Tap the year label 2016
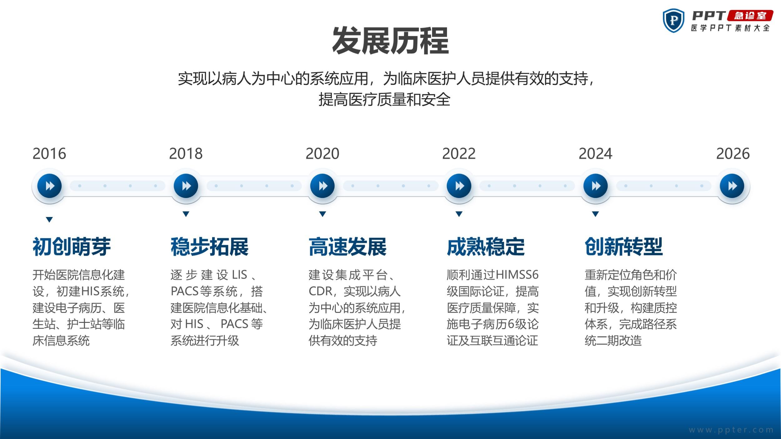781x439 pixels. point(49,154)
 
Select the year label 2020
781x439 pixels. point(322,154)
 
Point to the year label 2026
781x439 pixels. point(733,154)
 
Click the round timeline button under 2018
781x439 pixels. point(186,186)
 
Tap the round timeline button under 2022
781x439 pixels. point(459,186)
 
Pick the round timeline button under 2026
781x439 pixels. point(732,186)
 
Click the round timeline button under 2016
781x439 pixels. point(49,186)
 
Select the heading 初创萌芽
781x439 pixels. point(72,247)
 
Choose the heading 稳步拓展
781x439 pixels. point(210,247)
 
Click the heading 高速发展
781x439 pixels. point(348,247)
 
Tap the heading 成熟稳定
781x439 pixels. point(486,247)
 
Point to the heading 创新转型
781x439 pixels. point(624,247)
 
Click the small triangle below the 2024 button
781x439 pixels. point(595,214)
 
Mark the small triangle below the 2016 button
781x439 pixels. point(49,219)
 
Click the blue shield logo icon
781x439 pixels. point(674,20)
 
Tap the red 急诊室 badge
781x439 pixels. point(750,16)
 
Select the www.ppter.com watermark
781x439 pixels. point(731,430)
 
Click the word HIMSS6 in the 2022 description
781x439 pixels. point(517,275)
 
